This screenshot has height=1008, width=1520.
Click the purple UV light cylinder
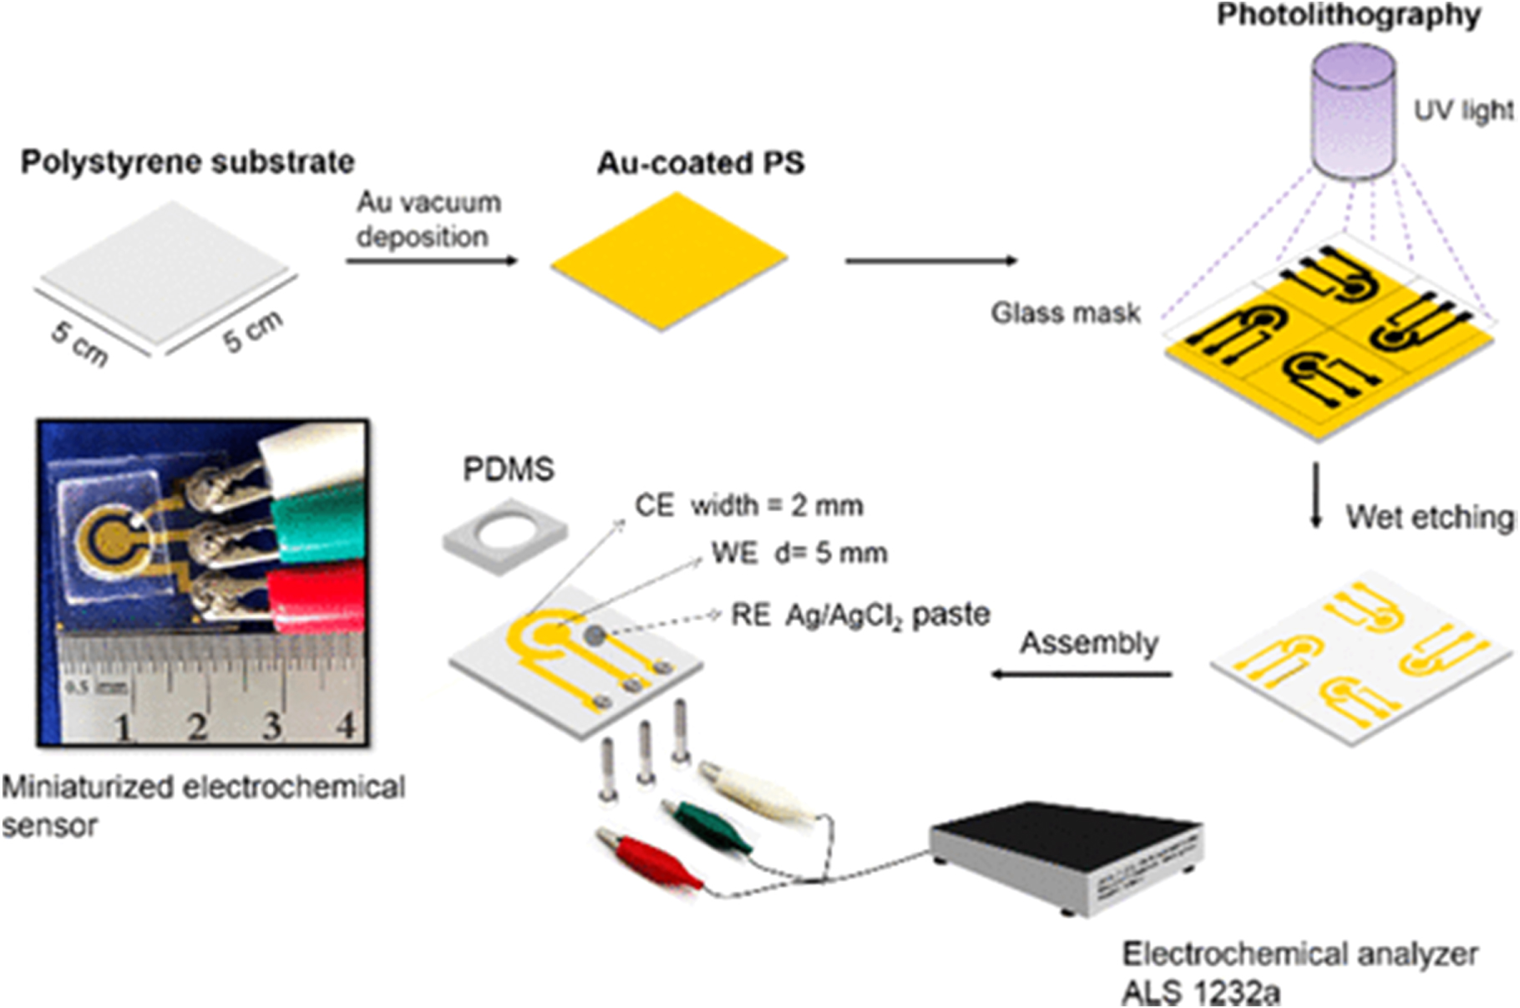[1353, 113]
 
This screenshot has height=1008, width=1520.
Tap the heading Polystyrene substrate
[187, 162]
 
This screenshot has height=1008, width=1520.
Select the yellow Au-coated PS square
[668, 261]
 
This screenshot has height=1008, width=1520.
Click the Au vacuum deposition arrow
[432, 261]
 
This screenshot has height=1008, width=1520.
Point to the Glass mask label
[1065, 313]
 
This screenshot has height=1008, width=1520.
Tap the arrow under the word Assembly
[1082, 673]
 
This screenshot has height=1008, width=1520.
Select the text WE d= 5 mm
[799, 553]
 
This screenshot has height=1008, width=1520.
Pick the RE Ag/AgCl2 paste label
[860, 615]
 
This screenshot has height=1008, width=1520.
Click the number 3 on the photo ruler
[271, 726]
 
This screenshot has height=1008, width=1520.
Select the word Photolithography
[1348, 15]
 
